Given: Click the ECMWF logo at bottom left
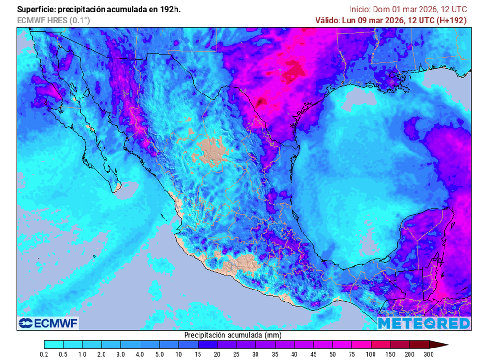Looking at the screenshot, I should (x=48, y=324).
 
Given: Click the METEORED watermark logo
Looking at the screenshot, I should (x=424, y=324).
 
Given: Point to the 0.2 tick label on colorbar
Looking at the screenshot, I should (x=44, y=354).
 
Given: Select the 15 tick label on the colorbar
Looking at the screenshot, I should (x=198, y=354).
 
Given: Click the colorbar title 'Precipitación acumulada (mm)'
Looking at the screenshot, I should (x=233, y=335).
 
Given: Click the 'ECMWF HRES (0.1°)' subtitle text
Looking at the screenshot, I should (x=53, y=20).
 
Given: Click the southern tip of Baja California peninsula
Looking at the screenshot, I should (x=116, y=190).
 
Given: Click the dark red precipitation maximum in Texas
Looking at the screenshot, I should (x=261, y=102).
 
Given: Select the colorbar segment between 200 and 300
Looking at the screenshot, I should (x=419, y=344).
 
